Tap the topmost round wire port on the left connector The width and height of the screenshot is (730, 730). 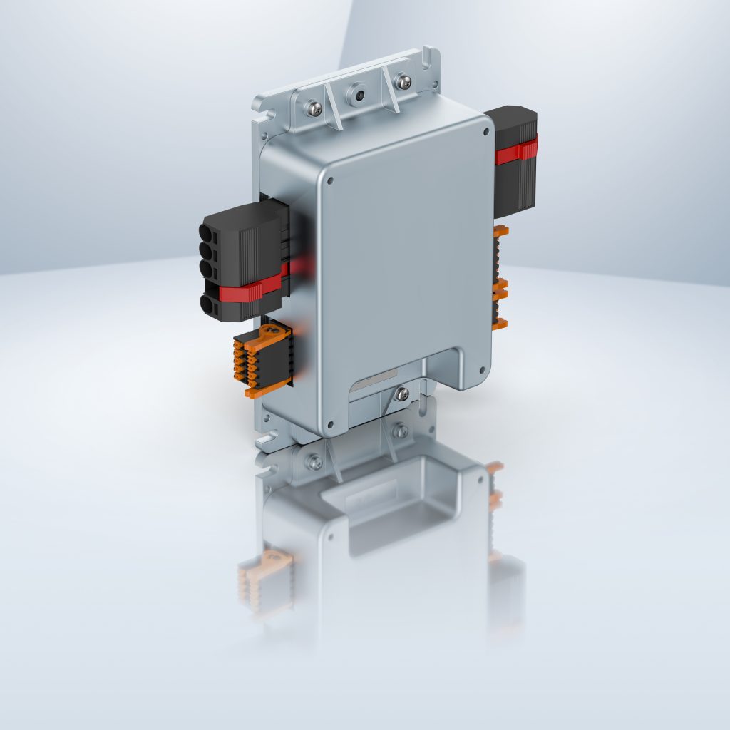(207, 233)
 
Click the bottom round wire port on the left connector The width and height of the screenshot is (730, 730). (206, 304)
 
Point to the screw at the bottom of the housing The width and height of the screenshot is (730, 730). (402, 393)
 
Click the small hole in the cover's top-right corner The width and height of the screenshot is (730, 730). (485, 132)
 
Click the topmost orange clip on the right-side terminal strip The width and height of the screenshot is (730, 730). (500, 231)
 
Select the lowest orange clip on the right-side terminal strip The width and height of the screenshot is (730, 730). (500, 324)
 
